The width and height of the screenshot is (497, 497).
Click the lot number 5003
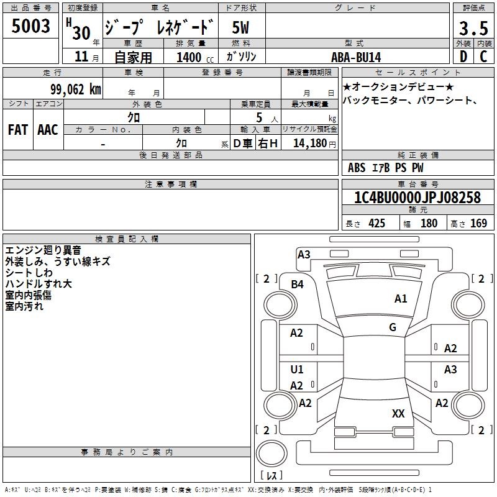click(30, 26)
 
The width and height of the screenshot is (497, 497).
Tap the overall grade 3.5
click(473, 28)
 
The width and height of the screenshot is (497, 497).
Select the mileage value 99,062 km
click(75, 89)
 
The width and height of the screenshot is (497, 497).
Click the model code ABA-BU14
click(356, 57)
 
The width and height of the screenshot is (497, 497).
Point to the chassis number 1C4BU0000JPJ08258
click(417, 197)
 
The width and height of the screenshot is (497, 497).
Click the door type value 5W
click(240, 27)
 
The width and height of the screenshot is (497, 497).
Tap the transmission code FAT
click(18, 130)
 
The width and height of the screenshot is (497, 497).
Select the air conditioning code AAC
click(48, 130)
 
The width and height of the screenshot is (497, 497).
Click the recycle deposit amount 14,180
click(309, 144)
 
